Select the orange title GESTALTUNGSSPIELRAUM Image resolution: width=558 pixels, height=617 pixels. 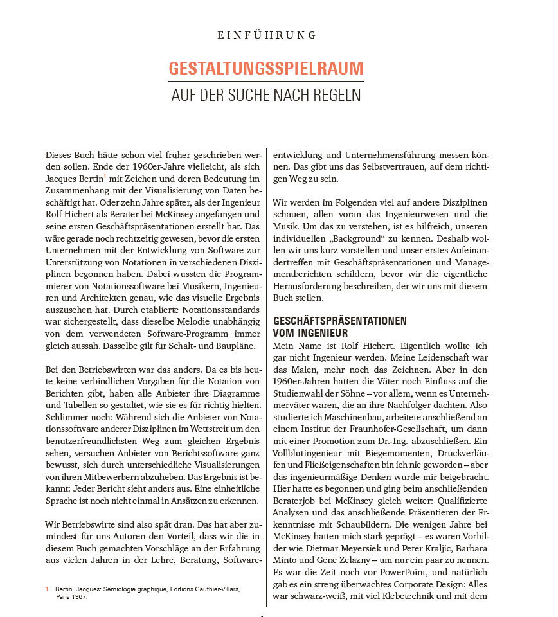[265, 69]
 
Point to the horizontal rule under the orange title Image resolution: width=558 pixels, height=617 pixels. [265, 81]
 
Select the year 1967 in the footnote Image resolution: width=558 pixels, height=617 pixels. [79, 596]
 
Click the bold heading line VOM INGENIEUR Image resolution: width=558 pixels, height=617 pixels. [310, 333]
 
